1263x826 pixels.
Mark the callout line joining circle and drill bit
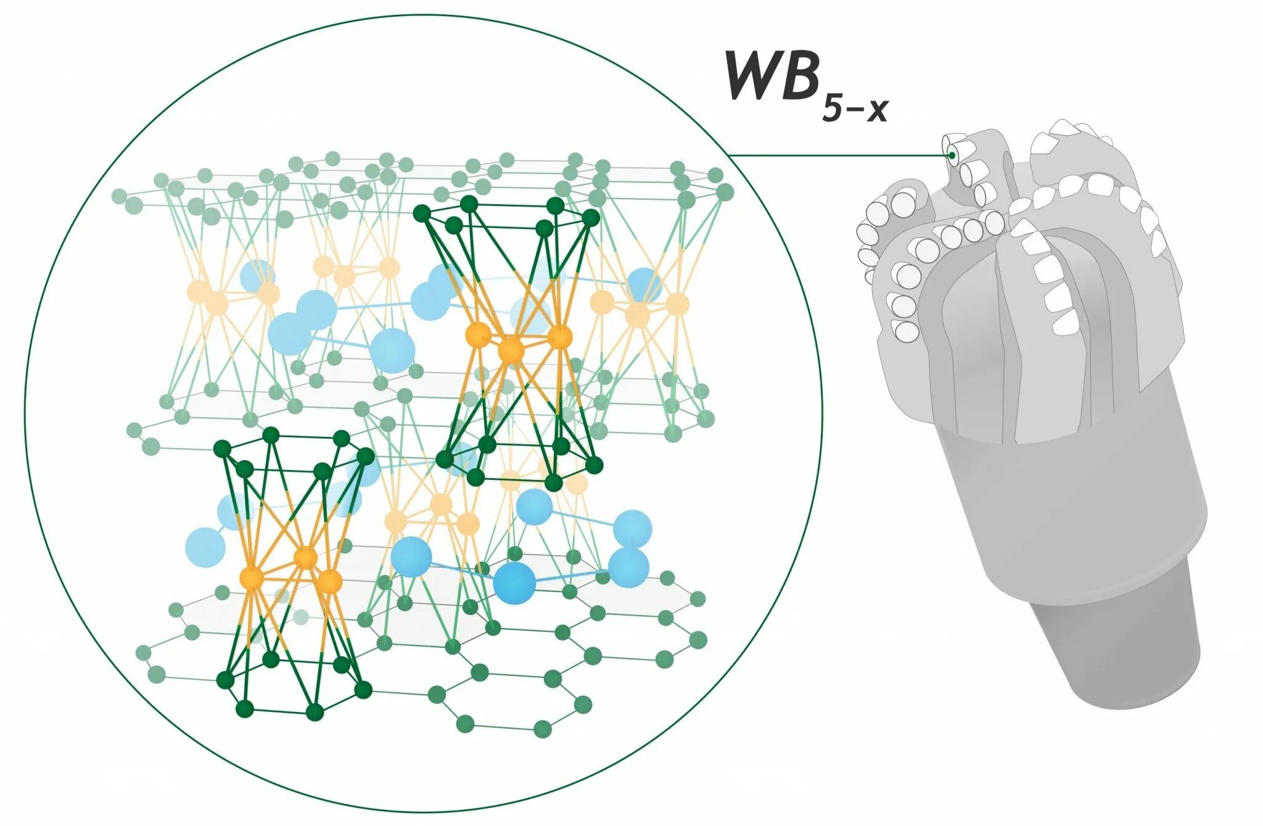point(839,155)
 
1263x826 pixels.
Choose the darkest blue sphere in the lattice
point(514,583)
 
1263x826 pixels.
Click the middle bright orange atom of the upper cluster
point(511,350)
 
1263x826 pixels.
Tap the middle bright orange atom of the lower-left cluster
point(305,558)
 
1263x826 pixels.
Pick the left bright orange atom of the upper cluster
point(478,334)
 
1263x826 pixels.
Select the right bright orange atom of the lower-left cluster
point(330,580)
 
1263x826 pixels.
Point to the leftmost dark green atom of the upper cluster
point(422,213)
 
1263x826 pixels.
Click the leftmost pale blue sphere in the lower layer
point(205,547)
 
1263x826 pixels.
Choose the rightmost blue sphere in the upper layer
point(644,284)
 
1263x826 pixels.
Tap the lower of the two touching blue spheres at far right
point(629,568)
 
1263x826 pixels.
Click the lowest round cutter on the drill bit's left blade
point(905,331)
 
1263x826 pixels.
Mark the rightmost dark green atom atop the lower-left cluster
point(365,456)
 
